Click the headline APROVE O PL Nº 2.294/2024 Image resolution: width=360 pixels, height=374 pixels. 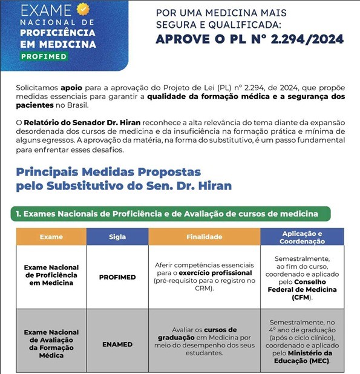click(249, 40)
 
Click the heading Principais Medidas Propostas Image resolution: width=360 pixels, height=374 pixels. click(109, 172)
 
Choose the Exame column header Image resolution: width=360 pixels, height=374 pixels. click(51, 237)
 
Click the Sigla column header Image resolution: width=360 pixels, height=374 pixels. click(117, 237)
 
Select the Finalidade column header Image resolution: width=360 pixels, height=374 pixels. click(204, 237)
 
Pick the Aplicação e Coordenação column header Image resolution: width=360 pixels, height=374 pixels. click(302, 237)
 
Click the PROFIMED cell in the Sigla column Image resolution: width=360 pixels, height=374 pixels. click(117, 277)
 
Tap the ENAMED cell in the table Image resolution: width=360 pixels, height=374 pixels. click(117, 344)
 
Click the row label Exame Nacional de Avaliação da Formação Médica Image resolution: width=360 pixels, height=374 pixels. click(51, 343)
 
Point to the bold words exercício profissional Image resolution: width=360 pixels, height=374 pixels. click(214, 273)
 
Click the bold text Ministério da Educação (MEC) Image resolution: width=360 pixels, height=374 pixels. click(305, 356)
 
